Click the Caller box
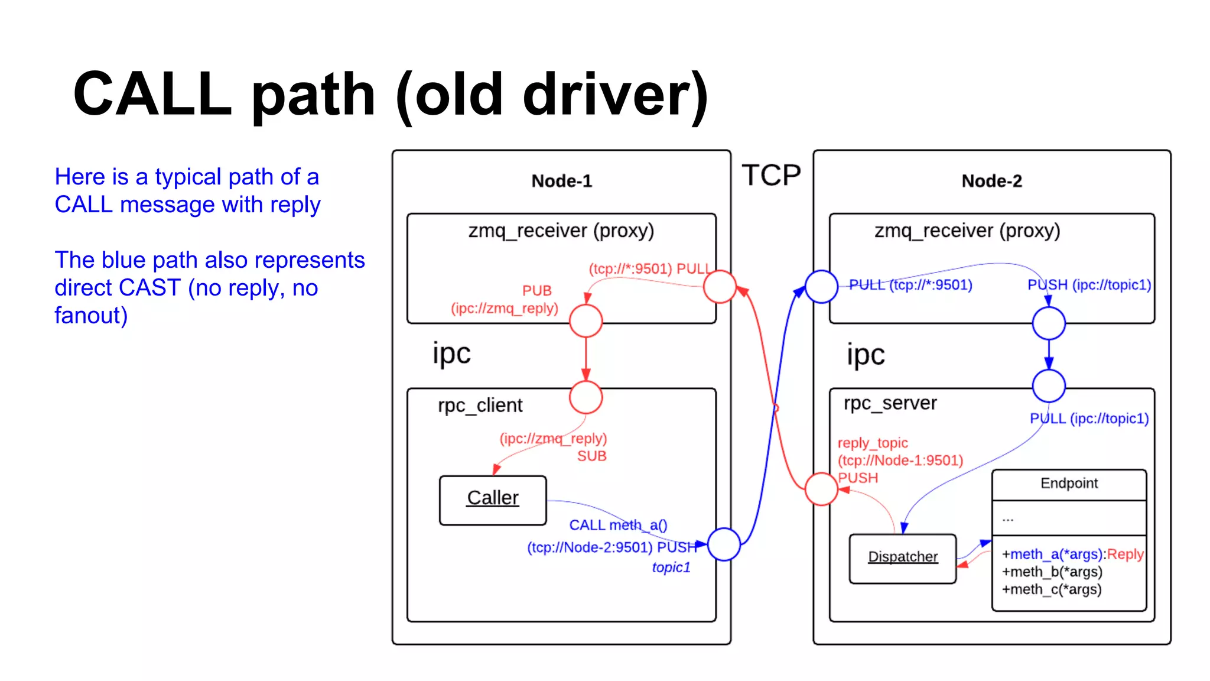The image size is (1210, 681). pyautogui.click(x=493, y=500)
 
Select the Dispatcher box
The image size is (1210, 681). pyautogui.click(x=902, y=558)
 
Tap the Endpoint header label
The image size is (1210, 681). pyautogui.click(x=1069, y=484)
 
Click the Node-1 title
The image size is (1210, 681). pyautogui.click(x=561, y=181)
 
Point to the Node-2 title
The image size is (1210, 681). pyautogui.click(x=991, y=181)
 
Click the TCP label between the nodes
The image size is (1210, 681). pyautogui.click(x=771, y=176)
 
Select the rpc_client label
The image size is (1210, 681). pyautogui.click(x=480, y=406)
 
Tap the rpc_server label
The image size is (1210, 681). pyautogui.click(x=890, y=403)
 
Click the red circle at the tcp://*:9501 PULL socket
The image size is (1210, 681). pyautogui.click(x=720, y=287)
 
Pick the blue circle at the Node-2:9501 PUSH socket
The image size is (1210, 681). pyautogui.click(x=724, y=544)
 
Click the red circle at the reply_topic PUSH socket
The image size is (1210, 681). pyautogui.click(x=821, y=489)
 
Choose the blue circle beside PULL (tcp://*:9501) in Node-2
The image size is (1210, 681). pyautogui.click(x=821, y=287)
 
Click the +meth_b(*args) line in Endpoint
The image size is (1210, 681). pyautogui.click(x=1052, y=572)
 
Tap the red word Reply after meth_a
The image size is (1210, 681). pyautogui.click(x=1126, y=554)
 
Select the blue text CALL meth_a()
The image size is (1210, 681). pyautogui.click(x=618, y=525)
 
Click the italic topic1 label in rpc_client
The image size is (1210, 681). pyautogui.click(x=671, y=567)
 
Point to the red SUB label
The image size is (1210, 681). pyautogui.click(x=591, y=456)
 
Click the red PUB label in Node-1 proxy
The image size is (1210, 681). pyautogui.click(x=536, y=290)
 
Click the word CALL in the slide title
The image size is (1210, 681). pyautogui.click(x=152, y=95)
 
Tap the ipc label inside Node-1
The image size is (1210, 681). pyautogui.click(x=451, y=354)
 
